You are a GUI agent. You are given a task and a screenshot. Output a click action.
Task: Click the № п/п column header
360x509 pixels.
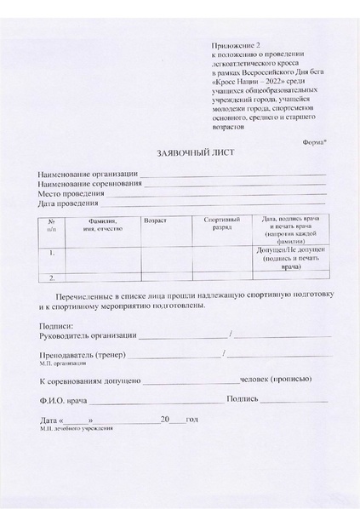coord(52,226)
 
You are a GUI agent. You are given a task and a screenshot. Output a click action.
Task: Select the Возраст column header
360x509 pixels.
coord(156,220)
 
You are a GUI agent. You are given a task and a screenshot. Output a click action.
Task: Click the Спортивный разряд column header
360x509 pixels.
coord(222,225)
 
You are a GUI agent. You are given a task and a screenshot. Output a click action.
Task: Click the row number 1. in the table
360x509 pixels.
coord(52,252)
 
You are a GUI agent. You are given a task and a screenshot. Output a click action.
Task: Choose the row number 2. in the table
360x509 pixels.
coord(52,277)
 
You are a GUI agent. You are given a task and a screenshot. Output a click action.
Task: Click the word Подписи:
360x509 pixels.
coord(57,326)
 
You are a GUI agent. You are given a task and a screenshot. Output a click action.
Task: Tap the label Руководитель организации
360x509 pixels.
coord(87,335)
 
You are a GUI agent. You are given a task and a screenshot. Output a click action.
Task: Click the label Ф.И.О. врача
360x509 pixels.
coord(63,400)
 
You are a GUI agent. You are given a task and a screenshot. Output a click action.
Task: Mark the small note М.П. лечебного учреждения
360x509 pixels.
coord(76,428)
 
